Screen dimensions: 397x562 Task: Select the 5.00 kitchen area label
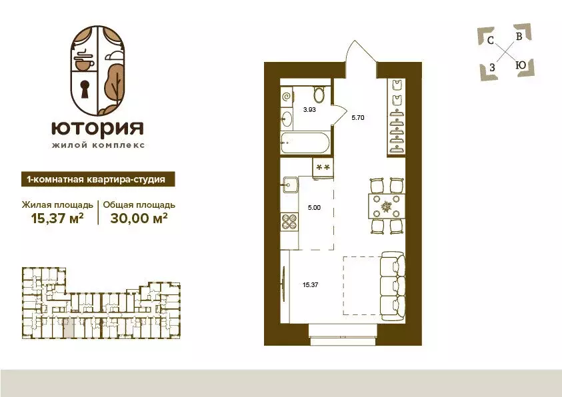313,207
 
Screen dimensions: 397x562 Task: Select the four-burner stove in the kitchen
289,220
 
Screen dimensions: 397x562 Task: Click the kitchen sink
291,185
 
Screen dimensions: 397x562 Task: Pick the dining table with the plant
385,206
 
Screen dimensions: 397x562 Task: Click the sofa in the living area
388,286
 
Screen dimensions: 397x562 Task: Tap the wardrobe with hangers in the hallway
397,117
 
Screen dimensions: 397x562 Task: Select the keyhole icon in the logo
86,89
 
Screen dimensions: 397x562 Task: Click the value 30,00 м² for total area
137,217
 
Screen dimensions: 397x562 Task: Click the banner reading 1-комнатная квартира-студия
94,179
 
